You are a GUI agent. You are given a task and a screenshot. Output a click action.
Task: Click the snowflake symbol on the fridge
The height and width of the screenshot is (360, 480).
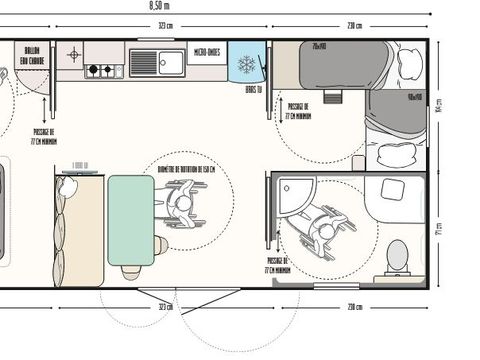coord(245,63)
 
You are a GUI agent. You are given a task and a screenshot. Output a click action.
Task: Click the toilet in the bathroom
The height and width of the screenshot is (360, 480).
coord(397,256)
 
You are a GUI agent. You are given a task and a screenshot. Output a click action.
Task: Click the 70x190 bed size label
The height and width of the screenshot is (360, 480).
coord(319,46)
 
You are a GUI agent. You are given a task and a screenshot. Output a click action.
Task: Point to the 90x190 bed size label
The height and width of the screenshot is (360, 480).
coord(413,97)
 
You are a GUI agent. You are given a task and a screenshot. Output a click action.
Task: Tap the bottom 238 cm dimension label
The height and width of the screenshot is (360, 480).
coord(354,307)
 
